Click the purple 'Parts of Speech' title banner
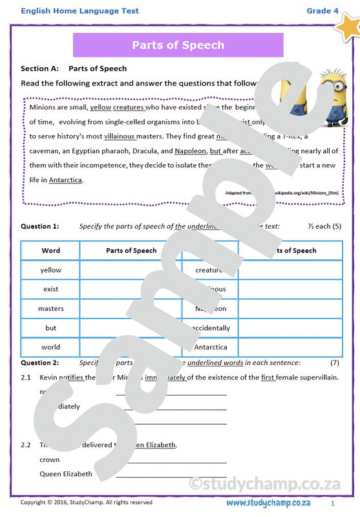coord(178,45)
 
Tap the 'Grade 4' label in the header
coord(322,11)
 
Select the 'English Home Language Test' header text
coord(79,11)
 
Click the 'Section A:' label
coord(39,69)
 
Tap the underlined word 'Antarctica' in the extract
coord(65,180)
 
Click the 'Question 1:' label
coord(39,227)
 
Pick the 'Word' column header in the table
coord(50,251)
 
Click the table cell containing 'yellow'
coord(50,270)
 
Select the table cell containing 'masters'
coord(50,309)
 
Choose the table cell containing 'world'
coord(50,347)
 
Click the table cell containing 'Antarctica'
coord(211,347)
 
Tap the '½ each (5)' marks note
coord(324,227)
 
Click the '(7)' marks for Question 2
coord(334,363)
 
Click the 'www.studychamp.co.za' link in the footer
coord(268,503)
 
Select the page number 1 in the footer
coord(332,503)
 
